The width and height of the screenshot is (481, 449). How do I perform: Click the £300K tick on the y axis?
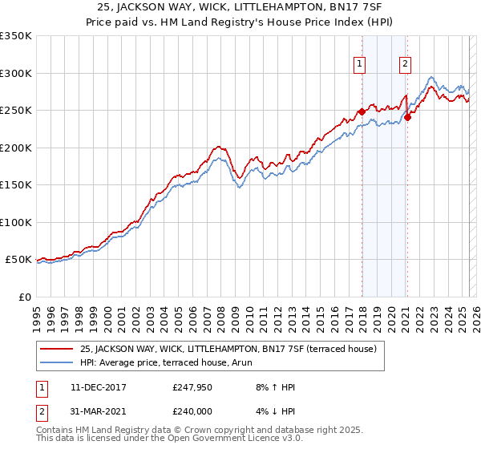tap(16, 73)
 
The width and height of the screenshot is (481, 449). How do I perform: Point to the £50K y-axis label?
tap(18, 260)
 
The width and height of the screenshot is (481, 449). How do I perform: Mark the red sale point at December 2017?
tap(362, 111)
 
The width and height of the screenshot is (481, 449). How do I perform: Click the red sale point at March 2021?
tap(407, 117)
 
